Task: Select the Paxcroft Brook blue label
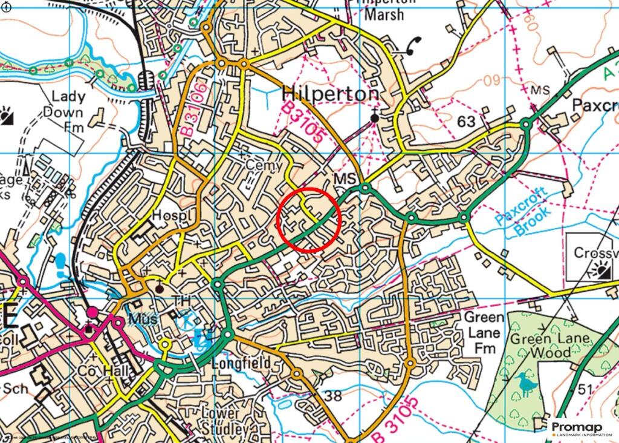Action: pos(522,212)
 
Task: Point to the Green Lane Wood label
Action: pos(540,346)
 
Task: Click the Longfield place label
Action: pos(240,363)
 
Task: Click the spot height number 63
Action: pos(466,122)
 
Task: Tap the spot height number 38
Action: pos(334,396)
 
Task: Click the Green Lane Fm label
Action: pos(483,333)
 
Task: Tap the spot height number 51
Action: pos(584,390)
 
